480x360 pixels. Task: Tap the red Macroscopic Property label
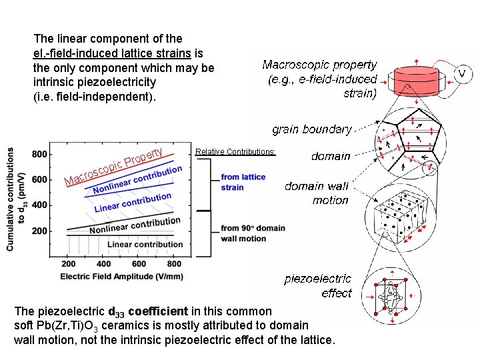coord(113,167)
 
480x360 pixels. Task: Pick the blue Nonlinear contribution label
coord(137,180)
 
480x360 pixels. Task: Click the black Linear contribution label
coord(145,244)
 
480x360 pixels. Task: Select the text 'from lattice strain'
coord(243,182)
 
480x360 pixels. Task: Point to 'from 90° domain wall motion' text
coord(253,233)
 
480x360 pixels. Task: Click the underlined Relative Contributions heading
coord(235,152)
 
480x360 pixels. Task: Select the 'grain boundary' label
coord(311,129)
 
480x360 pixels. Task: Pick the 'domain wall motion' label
coord(316,193)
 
